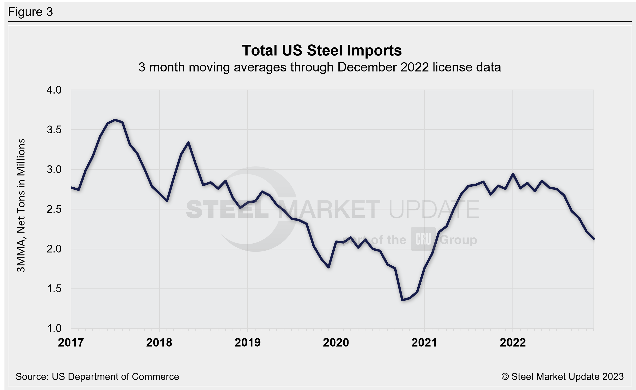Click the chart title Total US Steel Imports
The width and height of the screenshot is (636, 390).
click(322, 50)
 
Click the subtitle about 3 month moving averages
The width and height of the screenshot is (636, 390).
click(320, 67)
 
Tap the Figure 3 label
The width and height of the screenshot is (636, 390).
click(31, 12)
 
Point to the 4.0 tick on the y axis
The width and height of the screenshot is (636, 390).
click(54, 90)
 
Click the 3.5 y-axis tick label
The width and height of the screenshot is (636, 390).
click(54, 130)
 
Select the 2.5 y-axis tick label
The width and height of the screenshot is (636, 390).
click(54, 209)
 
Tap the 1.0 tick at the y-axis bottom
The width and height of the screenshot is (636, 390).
click(54, 329)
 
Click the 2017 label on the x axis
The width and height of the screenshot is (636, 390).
click(71, 343)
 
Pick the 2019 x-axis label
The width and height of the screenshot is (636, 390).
click(248, 343)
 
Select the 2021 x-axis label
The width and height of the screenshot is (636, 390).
click(424, 343)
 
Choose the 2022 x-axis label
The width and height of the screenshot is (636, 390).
click(513, 343)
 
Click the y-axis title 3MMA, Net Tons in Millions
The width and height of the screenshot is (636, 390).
click(21, 205)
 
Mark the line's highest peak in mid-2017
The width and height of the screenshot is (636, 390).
click(115, 120)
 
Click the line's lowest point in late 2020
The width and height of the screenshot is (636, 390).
click(402, 300)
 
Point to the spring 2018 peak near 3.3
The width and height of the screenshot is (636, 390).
click(188, 142)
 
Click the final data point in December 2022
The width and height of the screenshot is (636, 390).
click(594, 239)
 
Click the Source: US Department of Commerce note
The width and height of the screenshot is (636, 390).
click(97, 377)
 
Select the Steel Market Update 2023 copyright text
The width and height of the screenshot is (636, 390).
click(562, 377)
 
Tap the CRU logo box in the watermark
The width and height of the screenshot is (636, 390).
click(423, 239)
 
